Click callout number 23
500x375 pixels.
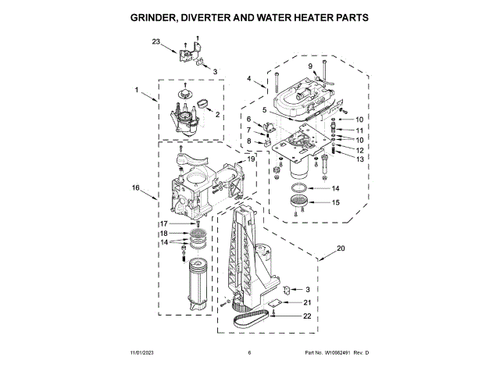pos(156,41)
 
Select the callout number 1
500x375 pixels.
pos(136,90)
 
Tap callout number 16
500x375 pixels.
pos(135,187)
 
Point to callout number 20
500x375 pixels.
pos(340,248)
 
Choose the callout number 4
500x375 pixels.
pos(249,79)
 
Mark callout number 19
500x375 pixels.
pos(252,159)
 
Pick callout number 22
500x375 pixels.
pos(307,316)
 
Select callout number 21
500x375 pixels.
pos(307,302)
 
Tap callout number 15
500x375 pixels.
pos(336,202)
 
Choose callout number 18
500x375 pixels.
pos(164,234)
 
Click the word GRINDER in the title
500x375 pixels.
pos(159,16)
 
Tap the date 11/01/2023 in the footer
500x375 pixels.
pos(145,354)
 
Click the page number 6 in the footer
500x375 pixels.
pos(249,354)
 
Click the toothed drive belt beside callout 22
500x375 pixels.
pos(253,317)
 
